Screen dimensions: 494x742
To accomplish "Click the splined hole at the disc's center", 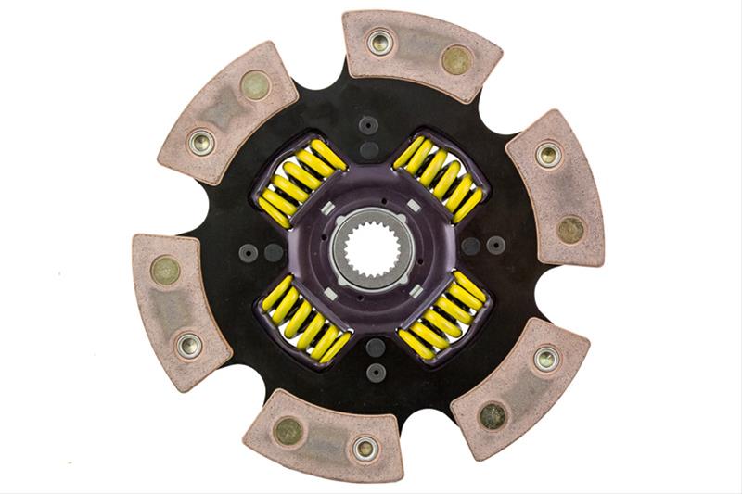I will click(x=368, y=246).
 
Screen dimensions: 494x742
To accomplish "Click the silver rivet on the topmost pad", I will click(x=379, y=42).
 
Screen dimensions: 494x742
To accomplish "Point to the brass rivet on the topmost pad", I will click(x=456, y=60).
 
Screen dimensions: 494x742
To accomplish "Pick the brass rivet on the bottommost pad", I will click(x=288, y=430).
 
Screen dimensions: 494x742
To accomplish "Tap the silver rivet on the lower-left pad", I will click(x=190, y=345).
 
